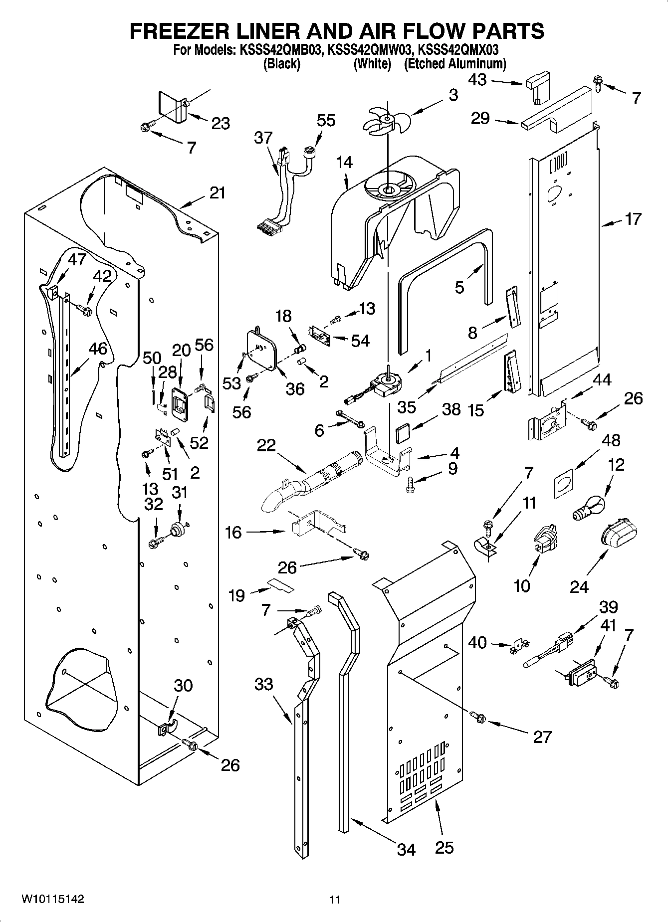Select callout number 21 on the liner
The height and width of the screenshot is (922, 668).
[x=218, y=193]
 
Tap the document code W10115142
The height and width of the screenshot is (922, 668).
[x=52, y=899]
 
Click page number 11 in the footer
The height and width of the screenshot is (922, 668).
[x=334, y=900]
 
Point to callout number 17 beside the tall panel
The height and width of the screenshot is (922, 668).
[x=633, y=219]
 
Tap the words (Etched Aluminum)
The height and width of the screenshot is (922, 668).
[x=454, y=64]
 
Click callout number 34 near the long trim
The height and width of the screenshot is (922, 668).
[x=406, y=849]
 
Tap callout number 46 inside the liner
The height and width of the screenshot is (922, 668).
[x=97, y=349]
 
